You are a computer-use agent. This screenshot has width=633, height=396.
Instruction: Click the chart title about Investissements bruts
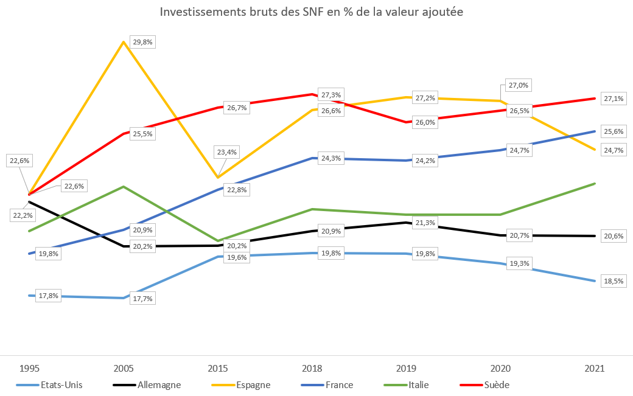[311, 12]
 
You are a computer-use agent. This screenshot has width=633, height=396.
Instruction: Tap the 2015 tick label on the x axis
[218, 368]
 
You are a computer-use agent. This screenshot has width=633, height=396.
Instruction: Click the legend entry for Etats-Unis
[61, 384]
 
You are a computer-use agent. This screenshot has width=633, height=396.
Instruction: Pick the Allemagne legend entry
[159, 384]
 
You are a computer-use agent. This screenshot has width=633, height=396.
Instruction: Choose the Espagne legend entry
[253, 384]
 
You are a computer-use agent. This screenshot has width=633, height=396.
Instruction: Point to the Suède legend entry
[497, 384]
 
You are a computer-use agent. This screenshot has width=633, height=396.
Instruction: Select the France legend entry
[338, 384]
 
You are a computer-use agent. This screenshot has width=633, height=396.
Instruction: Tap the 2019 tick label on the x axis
[406, 368]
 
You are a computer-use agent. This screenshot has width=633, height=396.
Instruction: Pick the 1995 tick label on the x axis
[30, 368]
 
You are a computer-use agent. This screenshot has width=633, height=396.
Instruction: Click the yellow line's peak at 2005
[124, 42]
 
